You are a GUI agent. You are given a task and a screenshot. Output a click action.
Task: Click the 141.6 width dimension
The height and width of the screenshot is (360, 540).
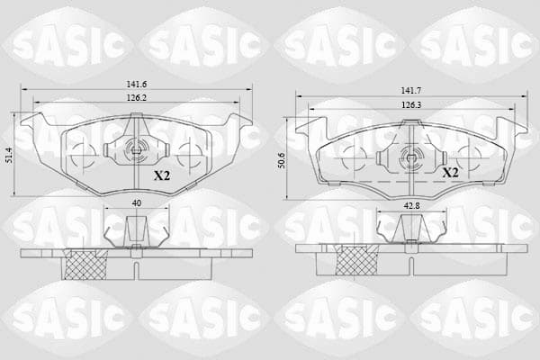137,84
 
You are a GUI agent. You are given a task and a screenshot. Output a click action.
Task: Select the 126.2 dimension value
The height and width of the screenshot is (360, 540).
137,98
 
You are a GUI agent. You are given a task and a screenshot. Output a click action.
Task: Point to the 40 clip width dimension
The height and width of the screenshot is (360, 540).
137,203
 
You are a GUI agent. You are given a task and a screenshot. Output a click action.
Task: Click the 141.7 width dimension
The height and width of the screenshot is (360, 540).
411,91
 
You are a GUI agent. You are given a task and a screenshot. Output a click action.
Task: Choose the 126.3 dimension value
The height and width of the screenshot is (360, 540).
411,104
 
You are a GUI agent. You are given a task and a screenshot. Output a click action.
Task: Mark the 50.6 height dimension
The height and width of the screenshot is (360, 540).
282,160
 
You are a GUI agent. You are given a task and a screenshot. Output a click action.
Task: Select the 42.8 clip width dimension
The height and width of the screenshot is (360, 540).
412,206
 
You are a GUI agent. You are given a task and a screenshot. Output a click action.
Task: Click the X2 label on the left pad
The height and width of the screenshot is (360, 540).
162,176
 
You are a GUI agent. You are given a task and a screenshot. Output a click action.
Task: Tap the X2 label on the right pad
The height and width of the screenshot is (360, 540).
451,172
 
